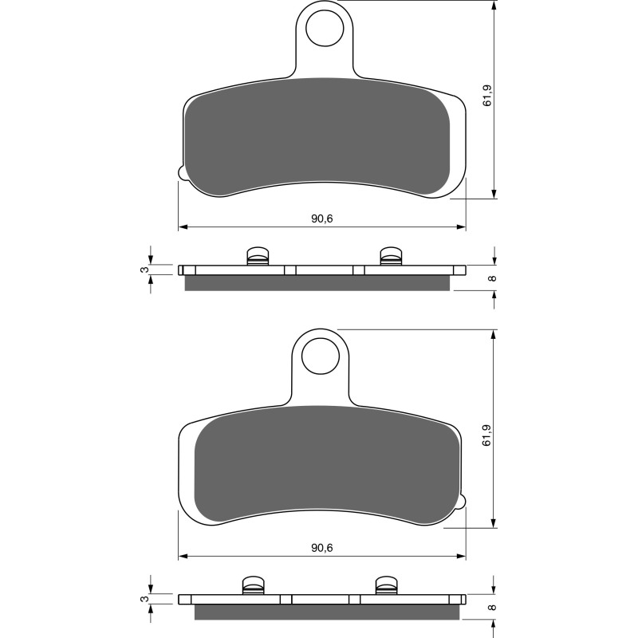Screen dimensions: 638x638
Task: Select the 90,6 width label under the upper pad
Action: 322,218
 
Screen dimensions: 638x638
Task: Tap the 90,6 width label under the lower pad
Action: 322,547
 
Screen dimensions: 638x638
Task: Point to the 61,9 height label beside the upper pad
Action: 486,96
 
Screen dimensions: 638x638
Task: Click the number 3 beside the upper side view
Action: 143,270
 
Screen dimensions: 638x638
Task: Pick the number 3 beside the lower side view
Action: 143,600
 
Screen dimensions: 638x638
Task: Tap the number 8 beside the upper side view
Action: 492,278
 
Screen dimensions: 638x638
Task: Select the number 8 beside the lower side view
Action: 492,608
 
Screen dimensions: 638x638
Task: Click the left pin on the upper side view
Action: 257,255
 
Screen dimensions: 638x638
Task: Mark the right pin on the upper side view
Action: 388,255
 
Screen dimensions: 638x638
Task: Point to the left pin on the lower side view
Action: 253,585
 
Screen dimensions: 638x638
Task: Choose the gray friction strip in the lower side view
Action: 327,612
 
